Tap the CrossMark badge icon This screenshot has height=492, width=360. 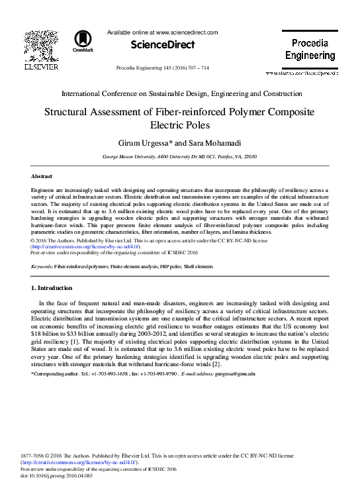(83, 40)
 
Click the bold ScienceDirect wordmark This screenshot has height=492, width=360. (163, 45)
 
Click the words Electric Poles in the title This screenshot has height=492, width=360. (180, 125)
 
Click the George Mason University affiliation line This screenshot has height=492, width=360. (180, 157)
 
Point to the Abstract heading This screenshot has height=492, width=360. (42, 176)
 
